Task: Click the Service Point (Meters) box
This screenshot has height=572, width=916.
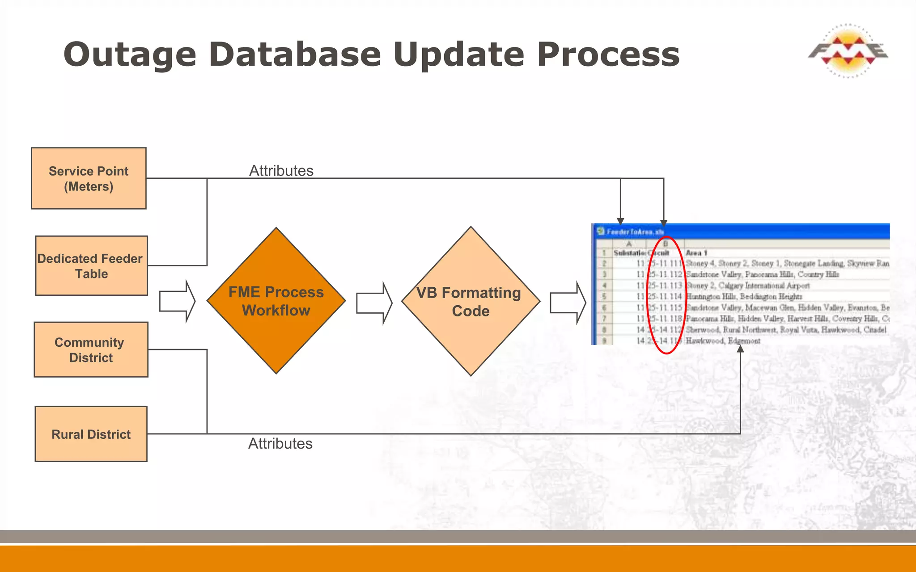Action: coord(89,178)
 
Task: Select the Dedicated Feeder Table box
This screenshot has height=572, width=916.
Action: coord(91,266)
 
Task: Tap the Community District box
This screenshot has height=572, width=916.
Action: coord(91,349)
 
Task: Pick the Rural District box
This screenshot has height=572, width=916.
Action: coord(91,434)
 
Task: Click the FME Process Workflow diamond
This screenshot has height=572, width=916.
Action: coord(276,301)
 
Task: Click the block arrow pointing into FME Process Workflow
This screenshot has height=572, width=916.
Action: coord(177,301)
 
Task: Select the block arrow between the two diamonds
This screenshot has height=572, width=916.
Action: coord(374,303)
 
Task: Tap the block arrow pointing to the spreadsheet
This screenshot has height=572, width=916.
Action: coord(568,303)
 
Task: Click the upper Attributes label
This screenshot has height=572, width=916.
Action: coord(281,171)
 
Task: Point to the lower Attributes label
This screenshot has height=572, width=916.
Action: coord(280,444)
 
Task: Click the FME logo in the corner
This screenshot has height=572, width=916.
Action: coord(848,51)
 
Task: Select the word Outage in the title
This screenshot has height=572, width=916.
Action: coord(130,55)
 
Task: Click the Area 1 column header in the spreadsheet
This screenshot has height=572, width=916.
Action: coord(696,253)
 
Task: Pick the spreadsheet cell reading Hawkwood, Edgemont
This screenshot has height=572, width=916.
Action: coord(723,341)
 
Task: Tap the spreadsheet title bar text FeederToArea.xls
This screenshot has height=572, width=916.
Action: coord(635,232)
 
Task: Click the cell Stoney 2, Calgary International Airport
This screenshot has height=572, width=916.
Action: coord(747,286)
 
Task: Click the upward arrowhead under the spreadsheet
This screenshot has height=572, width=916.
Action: coord(740,349)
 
